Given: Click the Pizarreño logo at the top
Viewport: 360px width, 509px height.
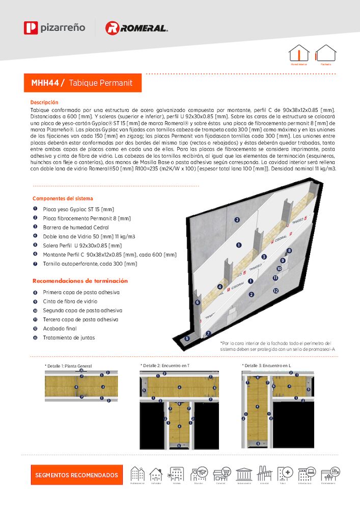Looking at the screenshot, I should point(54,27).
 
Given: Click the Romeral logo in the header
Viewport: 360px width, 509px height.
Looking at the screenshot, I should point(136,28).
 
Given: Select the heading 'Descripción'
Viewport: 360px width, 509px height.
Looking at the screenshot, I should point(44,102).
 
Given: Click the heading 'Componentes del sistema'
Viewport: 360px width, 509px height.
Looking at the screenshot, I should point(63,199).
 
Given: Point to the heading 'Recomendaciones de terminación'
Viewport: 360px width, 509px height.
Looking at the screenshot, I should point(80,281).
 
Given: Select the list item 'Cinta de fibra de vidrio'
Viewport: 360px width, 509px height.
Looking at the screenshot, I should point(70,301).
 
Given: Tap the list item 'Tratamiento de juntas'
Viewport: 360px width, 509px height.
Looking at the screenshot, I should point(68,337).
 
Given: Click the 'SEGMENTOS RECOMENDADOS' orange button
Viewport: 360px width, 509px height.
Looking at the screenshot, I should point(76,475).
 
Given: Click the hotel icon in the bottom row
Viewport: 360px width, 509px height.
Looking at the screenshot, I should point(177,474).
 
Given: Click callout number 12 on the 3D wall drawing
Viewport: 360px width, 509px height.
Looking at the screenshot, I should point(275,291).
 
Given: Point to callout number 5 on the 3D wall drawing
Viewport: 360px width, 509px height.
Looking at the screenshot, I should point(187,338).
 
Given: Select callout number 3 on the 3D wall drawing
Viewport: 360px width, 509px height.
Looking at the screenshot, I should point(264,257).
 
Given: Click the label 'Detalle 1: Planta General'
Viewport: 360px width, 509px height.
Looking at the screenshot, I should point(69,366).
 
